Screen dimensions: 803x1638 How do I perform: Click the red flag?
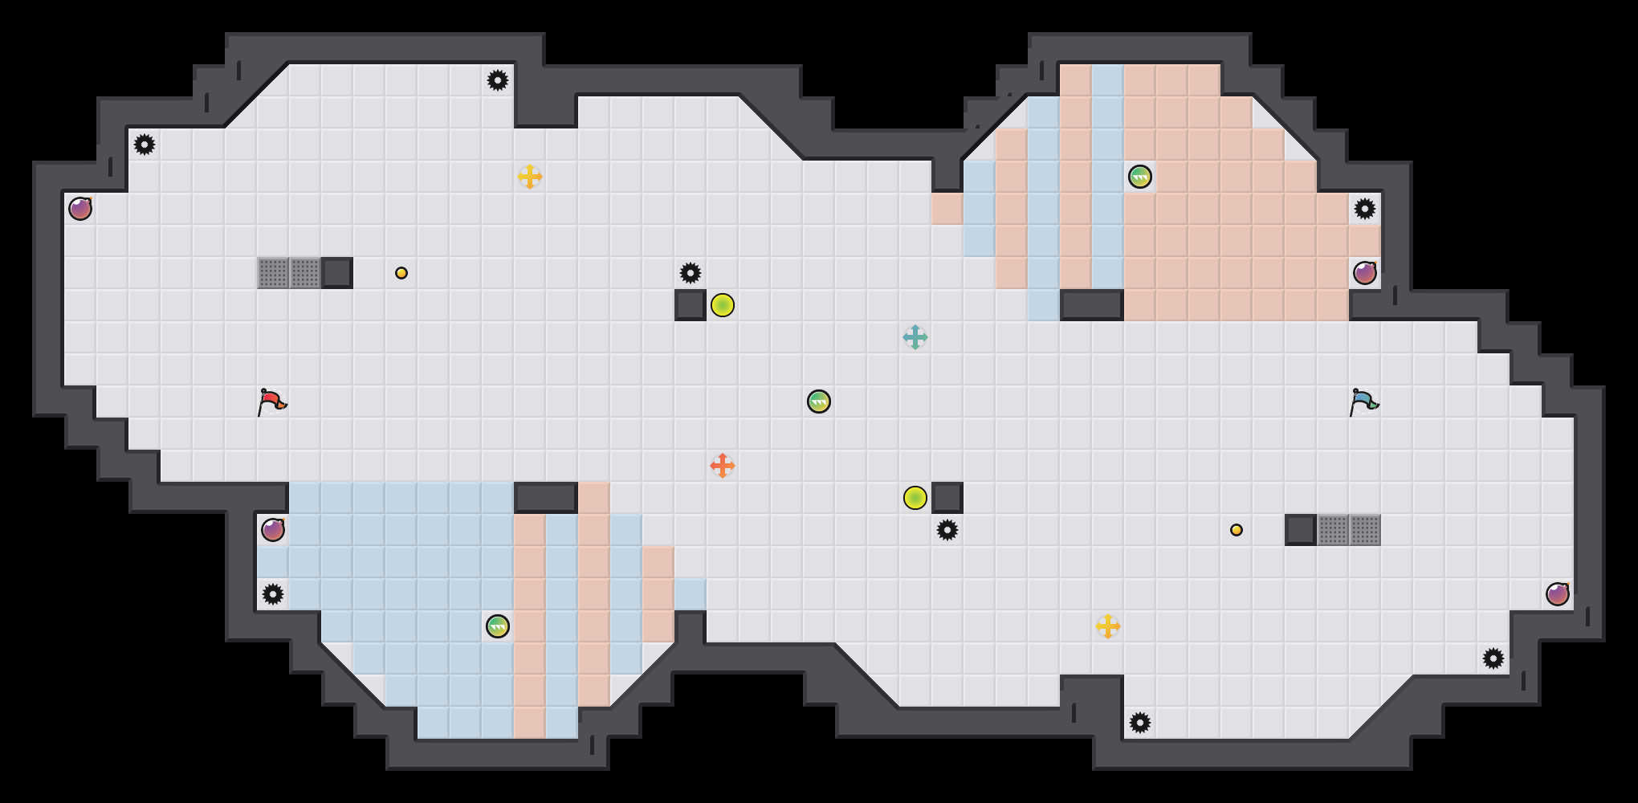coord(271,401)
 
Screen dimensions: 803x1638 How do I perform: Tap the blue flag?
coord(1363,401)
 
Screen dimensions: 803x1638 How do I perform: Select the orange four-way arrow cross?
coord(723,466)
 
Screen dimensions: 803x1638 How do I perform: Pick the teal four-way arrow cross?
coord(915,337)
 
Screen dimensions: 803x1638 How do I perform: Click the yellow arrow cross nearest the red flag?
coord(530,177)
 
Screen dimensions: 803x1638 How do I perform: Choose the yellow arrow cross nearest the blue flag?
coord(1108,626)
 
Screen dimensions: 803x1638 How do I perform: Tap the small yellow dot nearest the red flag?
coord(401,273)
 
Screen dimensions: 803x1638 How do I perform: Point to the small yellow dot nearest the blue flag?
coord(1237,530)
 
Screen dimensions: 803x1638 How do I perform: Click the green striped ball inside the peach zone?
coord(1140,177)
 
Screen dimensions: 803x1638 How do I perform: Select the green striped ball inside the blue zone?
coord(498,626)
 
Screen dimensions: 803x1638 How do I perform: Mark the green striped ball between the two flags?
coord(819,401)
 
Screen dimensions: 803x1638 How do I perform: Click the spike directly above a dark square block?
coord(691,273)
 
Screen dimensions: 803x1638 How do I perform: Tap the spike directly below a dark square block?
coord(947,530)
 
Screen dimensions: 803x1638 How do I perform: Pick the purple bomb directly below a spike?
coord(1365,273)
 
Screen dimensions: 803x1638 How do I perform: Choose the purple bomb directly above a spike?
coord(273,530)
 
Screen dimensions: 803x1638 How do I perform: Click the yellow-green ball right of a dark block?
coord(723,305)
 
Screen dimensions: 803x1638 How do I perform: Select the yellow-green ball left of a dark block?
coord(915,498)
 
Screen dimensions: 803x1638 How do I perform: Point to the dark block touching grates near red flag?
coord(337,273)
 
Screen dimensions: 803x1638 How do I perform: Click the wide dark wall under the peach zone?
coord(1092,305)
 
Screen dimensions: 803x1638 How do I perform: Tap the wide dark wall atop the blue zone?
coord(546,498)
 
